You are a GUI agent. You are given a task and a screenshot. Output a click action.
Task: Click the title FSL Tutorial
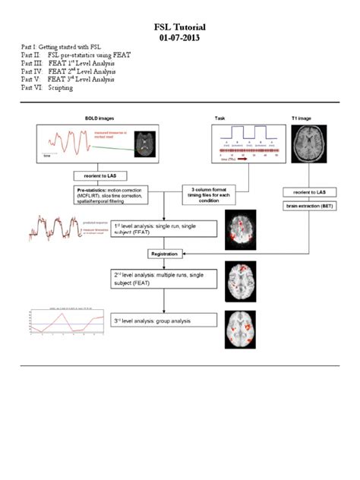click(x=179, y=27)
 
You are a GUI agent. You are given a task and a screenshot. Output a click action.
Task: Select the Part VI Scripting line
click(x=48, y=88)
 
